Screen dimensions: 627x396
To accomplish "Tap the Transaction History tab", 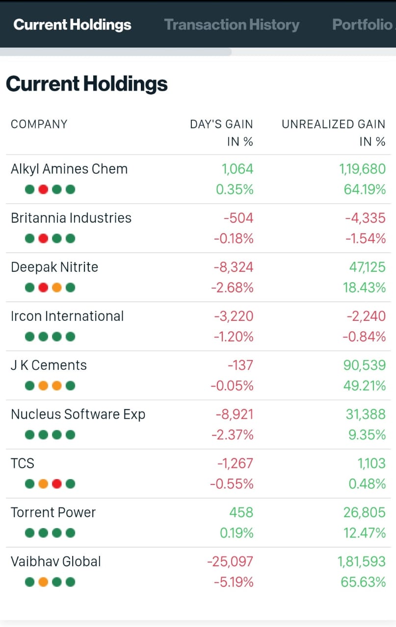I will (x=232, y=24).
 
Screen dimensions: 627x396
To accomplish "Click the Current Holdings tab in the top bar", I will (x=72, y=24).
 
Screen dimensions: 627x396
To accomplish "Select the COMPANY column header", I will (x=39, y=124).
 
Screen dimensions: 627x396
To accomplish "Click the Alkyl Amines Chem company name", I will (x=69, y=169).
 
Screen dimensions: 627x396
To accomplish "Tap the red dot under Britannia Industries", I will (x=43, y=239).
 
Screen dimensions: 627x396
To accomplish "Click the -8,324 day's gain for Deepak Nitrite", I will (x=234, y=267).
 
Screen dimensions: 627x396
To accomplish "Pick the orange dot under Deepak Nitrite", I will (x=57, y=288).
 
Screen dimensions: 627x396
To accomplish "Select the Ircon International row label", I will (x=67, y=316).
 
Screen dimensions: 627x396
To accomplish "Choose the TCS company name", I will (x=23, y=463).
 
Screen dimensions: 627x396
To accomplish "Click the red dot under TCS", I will (x=57, y=484).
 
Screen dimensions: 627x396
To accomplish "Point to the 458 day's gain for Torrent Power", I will (x=241, y=512).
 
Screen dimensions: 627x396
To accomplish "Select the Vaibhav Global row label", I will (x=56, y=561).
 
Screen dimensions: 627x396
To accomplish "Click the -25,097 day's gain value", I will (x=230, y=561).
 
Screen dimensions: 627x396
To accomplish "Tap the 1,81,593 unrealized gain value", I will (x=362, y=561).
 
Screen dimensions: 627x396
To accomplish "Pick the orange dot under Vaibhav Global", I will (x=43, y=582).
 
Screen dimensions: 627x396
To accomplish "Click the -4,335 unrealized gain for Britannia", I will (x=365, y=218).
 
